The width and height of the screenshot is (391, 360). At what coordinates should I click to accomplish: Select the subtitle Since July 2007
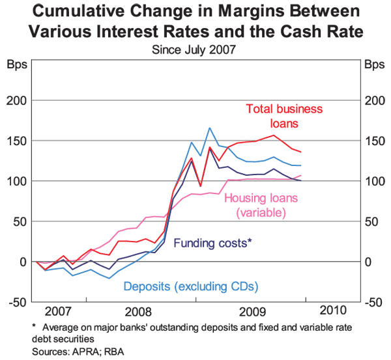(x=195, y=48)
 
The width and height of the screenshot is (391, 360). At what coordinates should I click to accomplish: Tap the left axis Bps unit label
(x=16, y=65)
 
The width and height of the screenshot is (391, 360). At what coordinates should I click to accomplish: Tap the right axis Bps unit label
(x=374, y=65)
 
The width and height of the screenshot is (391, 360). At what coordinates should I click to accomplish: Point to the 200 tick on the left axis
(x=16, y=100)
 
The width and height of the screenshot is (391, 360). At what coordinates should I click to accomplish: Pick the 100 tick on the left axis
(x=16, y=181)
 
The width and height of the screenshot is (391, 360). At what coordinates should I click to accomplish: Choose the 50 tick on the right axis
(x=371, y=221)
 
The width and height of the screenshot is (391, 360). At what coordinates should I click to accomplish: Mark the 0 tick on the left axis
(x=22, y=262)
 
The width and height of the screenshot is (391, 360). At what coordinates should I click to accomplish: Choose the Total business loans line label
(x=284, y=116)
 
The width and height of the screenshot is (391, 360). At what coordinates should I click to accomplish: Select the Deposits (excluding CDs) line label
(x=191, y=286)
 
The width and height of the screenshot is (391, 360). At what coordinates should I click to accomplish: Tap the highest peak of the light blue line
(x=210, y=128)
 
